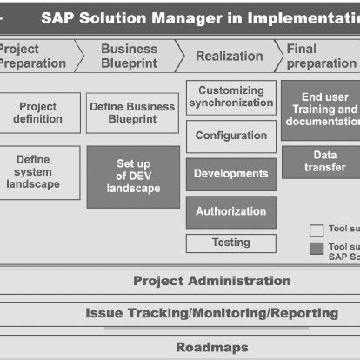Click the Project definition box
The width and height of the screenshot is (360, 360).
point(38,113)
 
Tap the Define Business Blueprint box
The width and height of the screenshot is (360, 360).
point(132,113)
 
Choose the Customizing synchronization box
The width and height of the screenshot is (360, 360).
point(230,97)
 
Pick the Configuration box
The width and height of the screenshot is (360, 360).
point(230,136)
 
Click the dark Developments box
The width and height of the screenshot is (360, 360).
point(230,174)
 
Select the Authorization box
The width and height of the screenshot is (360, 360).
point(230,211)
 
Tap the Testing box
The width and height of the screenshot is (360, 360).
point(230,243)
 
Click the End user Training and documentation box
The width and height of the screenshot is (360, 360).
point(319,110)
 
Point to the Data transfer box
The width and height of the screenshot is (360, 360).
point(319,162)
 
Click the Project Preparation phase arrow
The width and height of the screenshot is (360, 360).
point(35,56)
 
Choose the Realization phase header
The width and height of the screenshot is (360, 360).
point(228,56)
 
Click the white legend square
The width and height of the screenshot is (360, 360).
point(317,230)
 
